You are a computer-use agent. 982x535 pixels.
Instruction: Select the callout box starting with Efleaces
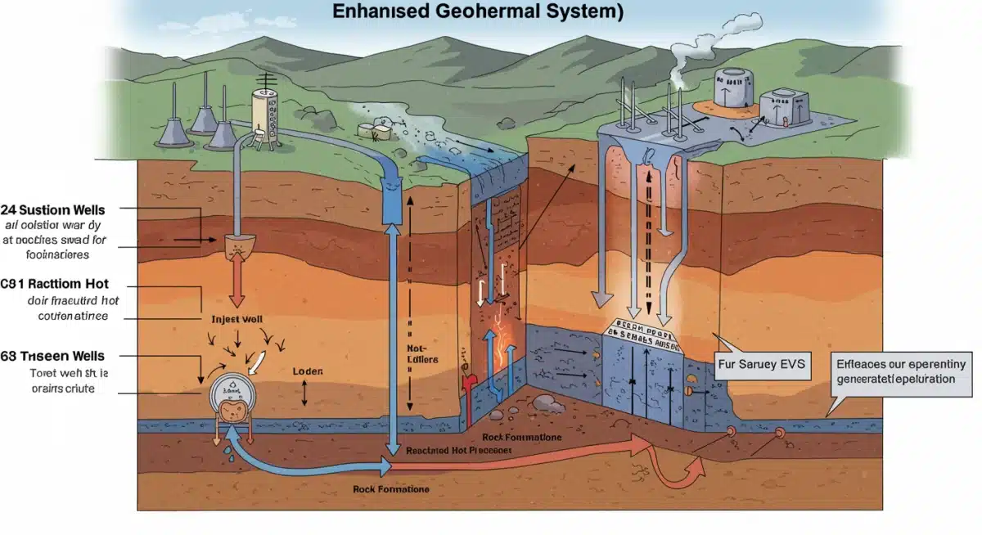900,372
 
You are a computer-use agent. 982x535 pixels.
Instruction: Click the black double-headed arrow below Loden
304,393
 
